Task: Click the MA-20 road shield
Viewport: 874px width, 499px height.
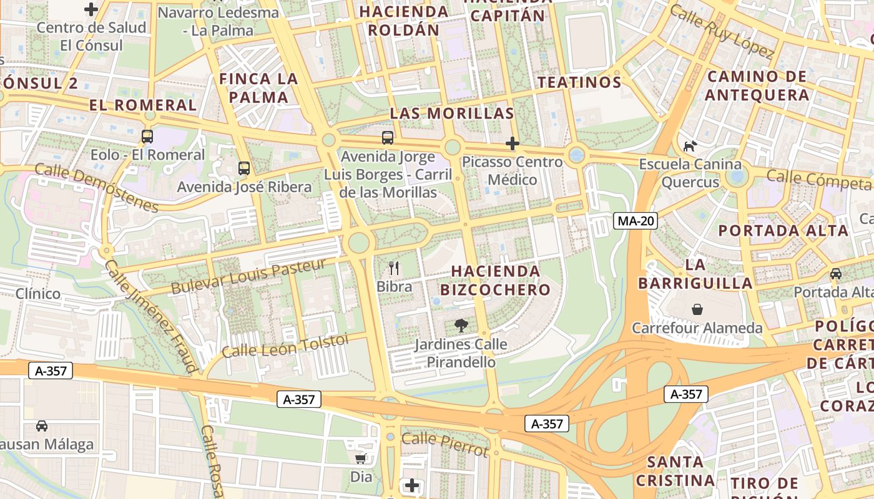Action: coord(636,221)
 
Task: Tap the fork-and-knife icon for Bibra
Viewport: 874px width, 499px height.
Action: coord(394,268)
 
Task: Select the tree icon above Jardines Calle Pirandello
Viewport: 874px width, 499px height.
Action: coord(461,325)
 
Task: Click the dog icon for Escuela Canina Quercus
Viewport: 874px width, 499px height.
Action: coord(690,147)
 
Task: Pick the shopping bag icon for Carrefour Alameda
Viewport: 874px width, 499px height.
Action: coord(697,309)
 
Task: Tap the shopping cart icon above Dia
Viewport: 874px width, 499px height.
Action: coord(360,459)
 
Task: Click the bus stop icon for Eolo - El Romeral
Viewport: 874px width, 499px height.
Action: coord(147,136)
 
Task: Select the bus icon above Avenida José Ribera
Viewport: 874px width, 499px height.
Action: coord(243,168)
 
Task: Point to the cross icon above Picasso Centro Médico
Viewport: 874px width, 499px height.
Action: coord(512,143)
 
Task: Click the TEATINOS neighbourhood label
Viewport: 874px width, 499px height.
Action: coord(579,82)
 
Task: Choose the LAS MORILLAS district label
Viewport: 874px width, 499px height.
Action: coord(452,114)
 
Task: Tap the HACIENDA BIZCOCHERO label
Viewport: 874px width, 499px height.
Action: coord(496,280)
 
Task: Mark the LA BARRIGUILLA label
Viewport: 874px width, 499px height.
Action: coord(695,274)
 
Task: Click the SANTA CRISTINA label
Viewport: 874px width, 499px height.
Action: coord(675,471)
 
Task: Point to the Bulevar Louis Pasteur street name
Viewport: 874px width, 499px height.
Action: coord(248,276)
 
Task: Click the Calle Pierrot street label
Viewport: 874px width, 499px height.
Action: coord(444,443)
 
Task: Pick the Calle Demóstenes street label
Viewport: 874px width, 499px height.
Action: coord(97,187)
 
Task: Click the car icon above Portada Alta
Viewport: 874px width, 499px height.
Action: coord(836,273)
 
